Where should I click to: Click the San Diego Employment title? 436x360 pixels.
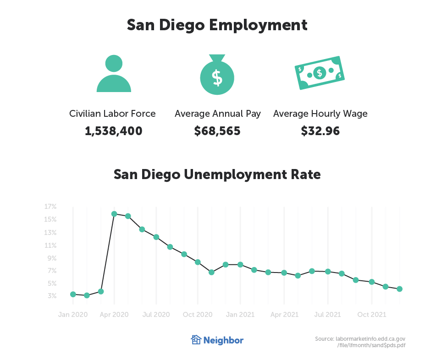click(217, 25)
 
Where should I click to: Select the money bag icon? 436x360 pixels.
click(217, 75)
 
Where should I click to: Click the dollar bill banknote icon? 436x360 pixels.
click(320, 73)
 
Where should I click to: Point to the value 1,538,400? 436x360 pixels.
click(114, 131)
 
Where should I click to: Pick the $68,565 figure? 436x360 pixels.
click(217, 131)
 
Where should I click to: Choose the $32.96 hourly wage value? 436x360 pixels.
click(320, 131)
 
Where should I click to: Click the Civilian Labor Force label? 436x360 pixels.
click(112, 114)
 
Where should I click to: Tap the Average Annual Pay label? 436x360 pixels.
click(217, 114)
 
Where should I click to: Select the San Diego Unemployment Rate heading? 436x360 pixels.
click(217, 175)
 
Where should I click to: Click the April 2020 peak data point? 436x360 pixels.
click(114, 214)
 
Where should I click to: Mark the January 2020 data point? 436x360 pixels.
click(73, 294)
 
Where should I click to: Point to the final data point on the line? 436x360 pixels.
click(399, 289)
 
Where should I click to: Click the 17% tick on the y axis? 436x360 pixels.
click(50, 207)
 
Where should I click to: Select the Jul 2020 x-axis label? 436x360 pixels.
click(156, 315)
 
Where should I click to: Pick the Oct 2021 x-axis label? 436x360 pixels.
click(371, 315)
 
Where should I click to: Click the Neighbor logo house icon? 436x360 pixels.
click(196, 340)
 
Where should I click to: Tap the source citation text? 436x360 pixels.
click(360, 342)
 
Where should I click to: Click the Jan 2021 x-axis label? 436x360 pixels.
click(240, 315)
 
